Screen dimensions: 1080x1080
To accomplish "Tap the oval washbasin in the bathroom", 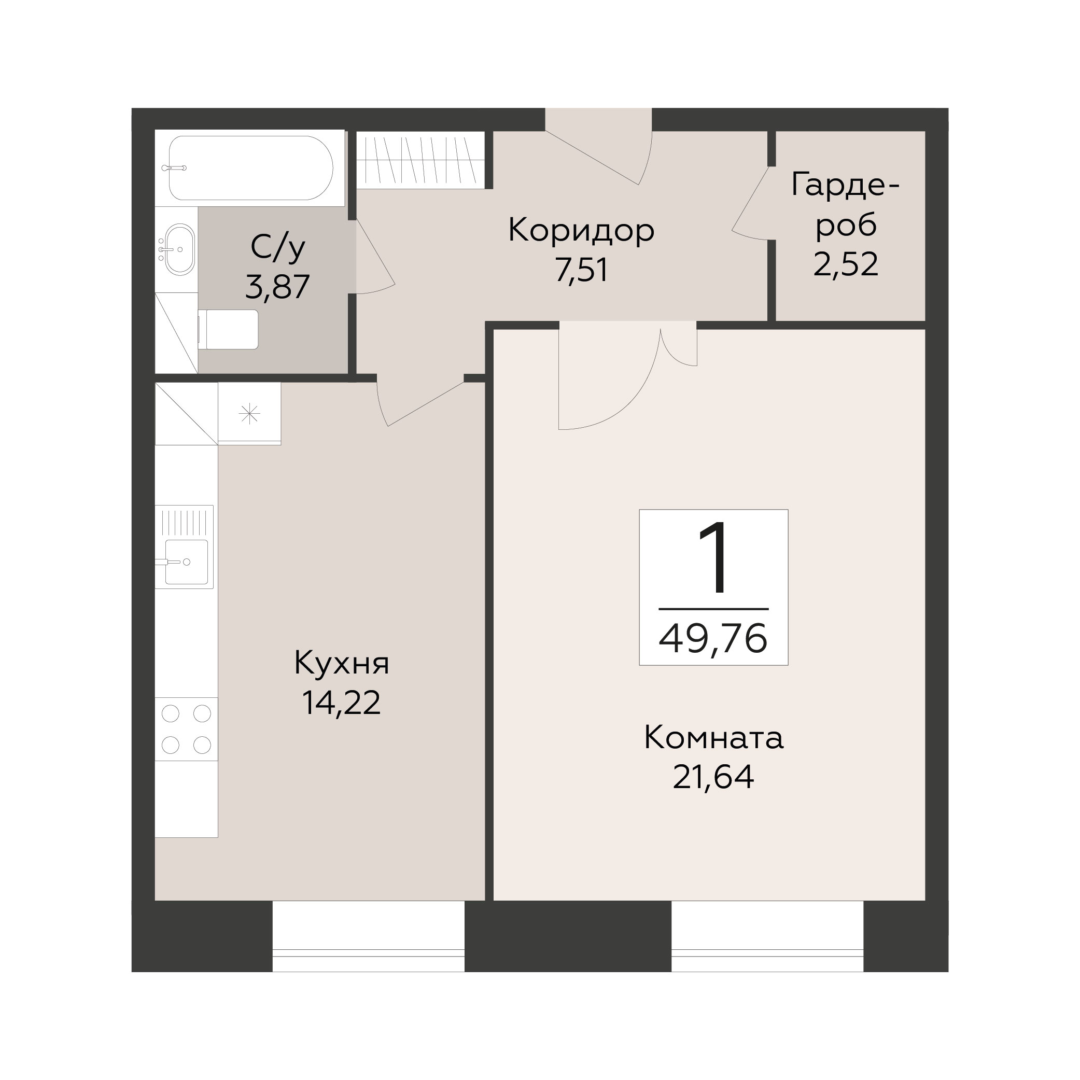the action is [179, 249].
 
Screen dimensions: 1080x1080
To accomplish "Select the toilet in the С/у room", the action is [229, 330].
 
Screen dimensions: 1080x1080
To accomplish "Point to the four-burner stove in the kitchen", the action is [186, 729].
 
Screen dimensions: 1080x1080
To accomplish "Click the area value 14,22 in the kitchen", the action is [341, 703].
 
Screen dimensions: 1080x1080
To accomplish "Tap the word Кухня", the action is [342, 664].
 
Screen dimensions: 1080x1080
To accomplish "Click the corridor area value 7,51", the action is [581, 270].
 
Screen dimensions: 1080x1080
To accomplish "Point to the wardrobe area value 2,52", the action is [846, 264].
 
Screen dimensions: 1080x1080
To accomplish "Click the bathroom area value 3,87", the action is [277, 287].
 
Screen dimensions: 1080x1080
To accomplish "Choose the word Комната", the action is [713, 738].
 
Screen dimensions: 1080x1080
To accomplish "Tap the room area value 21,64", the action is [713, 777].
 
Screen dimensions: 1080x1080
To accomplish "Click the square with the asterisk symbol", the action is [249, 414].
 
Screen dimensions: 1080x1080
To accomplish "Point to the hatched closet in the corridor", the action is [420, 160].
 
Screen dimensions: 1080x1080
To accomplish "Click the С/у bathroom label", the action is [278, 247].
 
